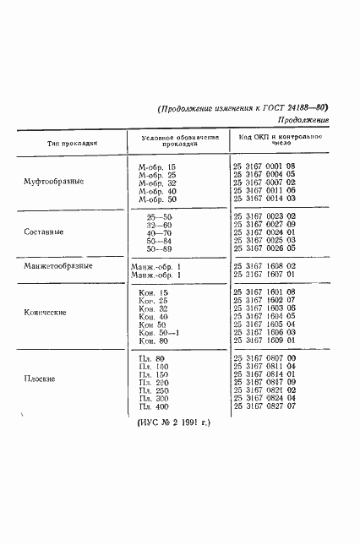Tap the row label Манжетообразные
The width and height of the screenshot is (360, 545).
[57, 266]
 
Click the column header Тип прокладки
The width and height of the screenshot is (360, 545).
[66, 143]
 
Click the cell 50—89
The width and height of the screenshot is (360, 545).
[160, 249]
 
